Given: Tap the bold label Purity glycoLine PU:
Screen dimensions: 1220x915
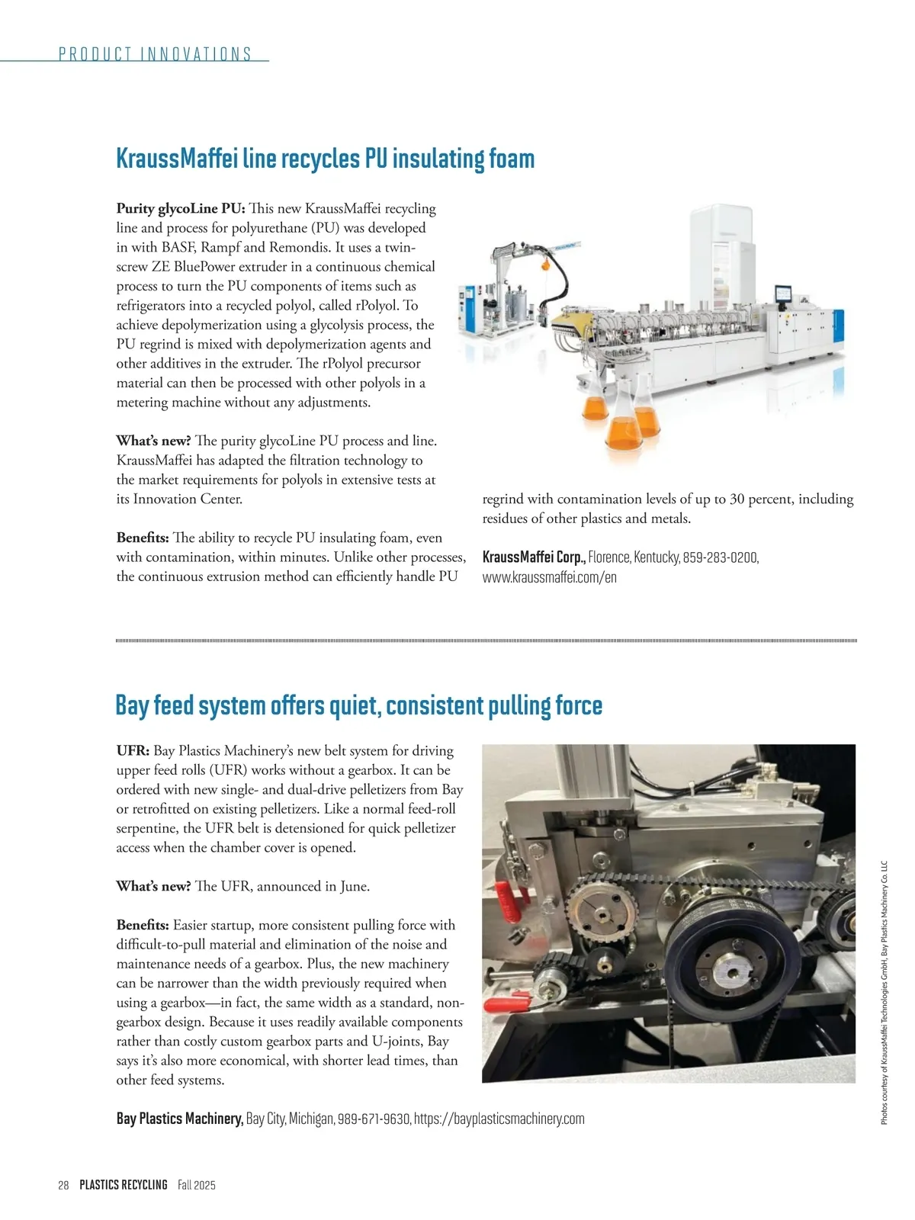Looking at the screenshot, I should (x=180, y=208).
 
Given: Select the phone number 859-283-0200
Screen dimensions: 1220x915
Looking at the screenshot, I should (x=720, y=557).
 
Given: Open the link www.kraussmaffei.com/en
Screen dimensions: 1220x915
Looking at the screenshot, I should (x=549, y=577).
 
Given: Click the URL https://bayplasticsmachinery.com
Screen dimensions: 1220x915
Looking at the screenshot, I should (x=499, y=1119).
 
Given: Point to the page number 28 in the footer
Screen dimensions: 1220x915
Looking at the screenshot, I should (x=63, y=1185).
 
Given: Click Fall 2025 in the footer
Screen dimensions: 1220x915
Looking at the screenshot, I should (x=197, y=1185).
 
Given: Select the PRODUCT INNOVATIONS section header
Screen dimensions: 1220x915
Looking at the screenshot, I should (x=155, y=54).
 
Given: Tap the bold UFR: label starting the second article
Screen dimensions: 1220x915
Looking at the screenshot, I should (x=133, y=751).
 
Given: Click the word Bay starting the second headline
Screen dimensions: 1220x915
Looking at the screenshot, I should (x=131, y=705).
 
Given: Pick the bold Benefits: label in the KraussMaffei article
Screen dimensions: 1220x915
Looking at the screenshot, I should (x=143, y=538).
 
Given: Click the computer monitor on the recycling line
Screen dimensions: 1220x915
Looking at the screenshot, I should (x=782, y=294).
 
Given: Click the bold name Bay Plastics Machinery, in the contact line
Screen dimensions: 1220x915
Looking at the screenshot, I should (x=180, y=1119).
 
